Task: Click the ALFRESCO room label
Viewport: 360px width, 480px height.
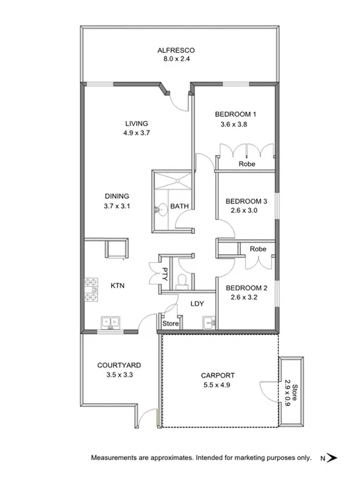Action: click(x=175, y=50)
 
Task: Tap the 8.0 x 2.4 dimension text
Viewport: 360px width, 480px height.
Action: click(x=175, y=60)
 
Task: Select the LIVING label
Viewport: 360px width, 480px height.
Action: click(x=135, y=122)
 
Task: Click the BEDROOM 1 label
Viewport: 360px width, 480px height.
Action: click(x=235, y=115)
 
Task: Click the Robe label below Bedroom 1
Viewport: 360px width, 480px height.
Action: click(x=247, y=164)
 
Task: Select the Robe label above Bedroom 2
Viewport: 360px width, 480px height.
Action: click(x=259, y=249)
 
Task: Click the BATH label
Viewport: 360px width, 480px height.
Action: click(x=179, y=207)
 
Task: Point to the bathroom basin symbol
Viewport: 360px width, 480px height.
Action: click(x=163, y=209)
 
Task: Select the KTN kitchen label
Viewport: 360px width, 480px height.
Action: click(x=118, y=286)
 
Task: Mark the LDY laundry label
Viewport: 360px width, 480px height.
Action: click(x=197, y=304)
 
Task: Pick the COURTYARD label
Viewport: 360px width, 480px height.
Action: click(x=115, y=365)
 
